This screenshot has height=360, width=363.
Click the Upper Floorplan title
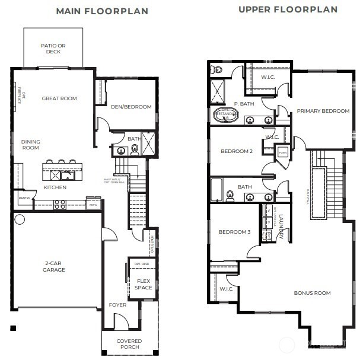pos(288,9)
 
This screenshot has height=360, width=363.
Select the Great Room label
pos(59,98)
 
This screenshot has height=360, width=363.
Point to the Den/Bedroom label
pos(131,107)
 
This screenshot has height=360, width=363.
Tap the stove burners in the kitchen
pos(60,204)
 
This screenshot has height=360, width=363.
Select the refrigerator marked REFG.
pos(93,203)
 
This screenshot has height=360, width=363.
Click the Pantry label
pos(24,199)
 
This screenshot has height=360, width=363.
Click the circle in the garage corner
pos(20,219)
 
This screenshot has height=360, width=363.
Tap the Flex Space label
pos(144,284)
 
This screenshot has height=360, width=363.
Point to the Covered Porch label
pos(129,345)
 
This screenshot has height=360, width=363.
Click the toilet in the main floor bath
pos(135,149)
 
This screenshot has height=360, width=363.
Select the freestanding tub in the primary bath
pos(225,114)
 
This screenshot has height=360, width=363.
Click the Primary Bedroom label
pos(323,111)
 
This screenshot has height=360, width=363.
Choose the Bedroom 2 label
pos(237,151)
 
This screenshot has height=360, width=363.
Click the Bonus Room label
pos(312,293)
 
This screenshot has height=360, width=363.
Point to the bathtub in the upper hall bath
pos(216,190)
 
